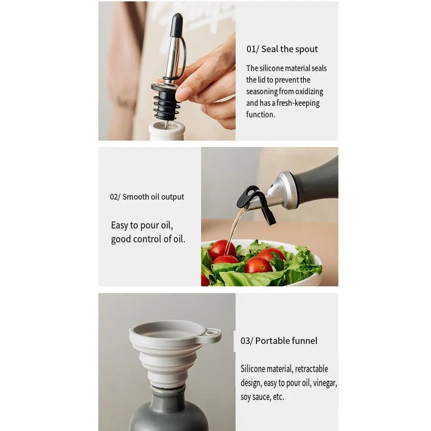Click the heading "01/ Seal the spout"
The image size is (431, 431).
click(x=282, y=49)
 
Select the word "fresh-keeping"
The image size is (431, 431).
click(x=298, y=103)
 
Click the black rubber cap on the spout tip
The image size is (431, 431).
click(x=177, y=25)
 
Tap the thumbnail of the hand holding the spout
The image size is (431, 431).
click(x=167, y=71)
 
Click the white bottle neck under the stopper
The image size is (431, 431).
click(x=166, y=131)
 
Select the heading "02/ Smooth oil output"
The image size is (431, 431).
click(x=147, y=197)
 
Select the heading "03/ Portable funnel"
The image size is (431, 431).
click(x=279, y=341)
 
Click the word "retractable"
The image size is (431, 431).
click(x=312, y=369)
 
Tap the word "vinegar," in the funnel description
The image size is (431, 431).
click(x=325, y=383)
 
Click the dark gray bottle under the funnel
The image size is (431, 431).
click(x=169, y=409)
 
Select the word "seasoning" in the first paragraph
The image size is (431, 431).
click(x=262, y=91)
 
